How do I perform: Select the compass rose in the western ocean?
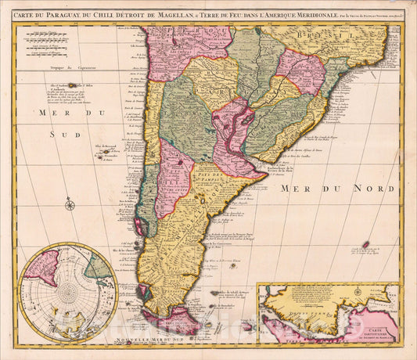click(70, 205)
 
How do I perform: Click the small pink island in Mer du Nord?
click(365, 244)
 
